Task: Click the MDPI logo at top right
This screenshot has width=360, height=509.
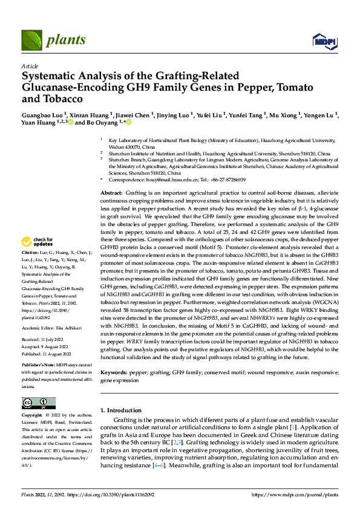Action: click(324, 41)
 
